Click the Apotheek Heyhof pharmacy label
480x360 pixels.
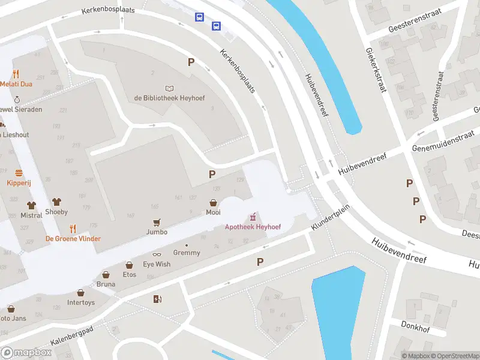pos(253,227)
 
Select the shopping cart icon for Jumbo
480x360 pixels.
pos(157,221)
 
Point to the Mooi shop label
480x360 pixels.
pos(213,212)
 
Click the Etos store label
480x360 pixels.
pos(129,275)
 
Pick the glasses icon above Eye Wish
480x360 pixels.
pos(157,254)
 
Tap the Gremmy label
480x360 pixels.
pos(186,253)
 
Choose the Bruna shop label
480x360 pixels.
pos(106,285)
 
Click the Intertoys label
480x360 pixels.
pos(81,302)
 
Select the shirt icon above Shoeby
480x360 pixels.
pos(56,202)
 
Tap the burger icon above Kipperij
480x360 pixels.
pos(18,173)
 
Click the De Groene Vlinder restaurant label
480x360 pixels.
pos(73,238)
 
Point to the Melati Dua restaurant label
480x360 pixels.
pos(16,84)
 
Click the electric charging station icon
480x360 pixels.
pos(157,299)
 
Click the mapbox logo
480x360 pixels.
pos(26,353)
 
